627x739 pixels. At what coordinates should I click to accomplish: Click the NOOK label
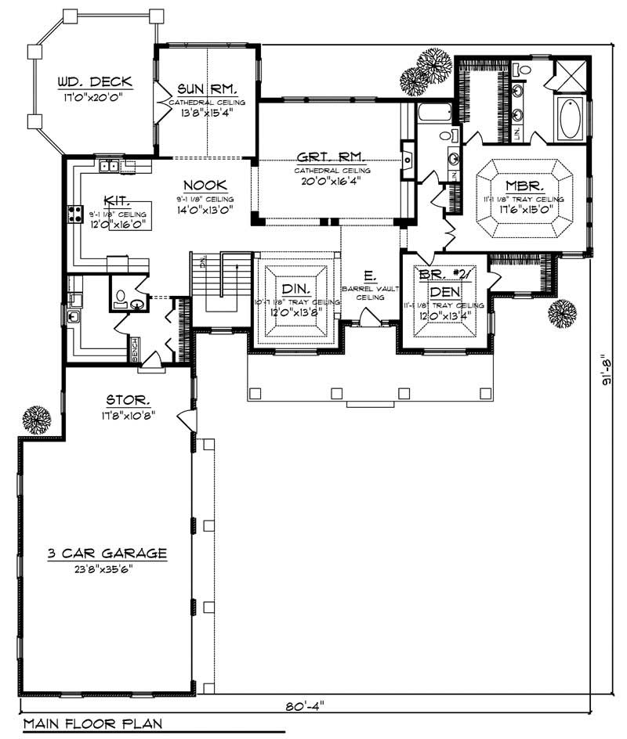pyautogui.click(x=205, y=186)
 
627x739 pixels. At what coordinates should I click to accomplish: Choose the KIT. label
pyautogui.click(x=114, y=200)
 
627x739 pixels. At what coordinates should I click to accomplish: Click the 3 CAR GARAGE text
pyautogui.click(x=107, y=553)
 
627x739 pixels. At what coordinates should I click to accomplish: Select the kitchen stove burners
pyautogui.click(x=75, y=214)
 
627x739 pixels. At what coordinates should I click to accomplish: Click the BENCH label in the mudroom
pyautogui.click(x=134, y=346)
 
